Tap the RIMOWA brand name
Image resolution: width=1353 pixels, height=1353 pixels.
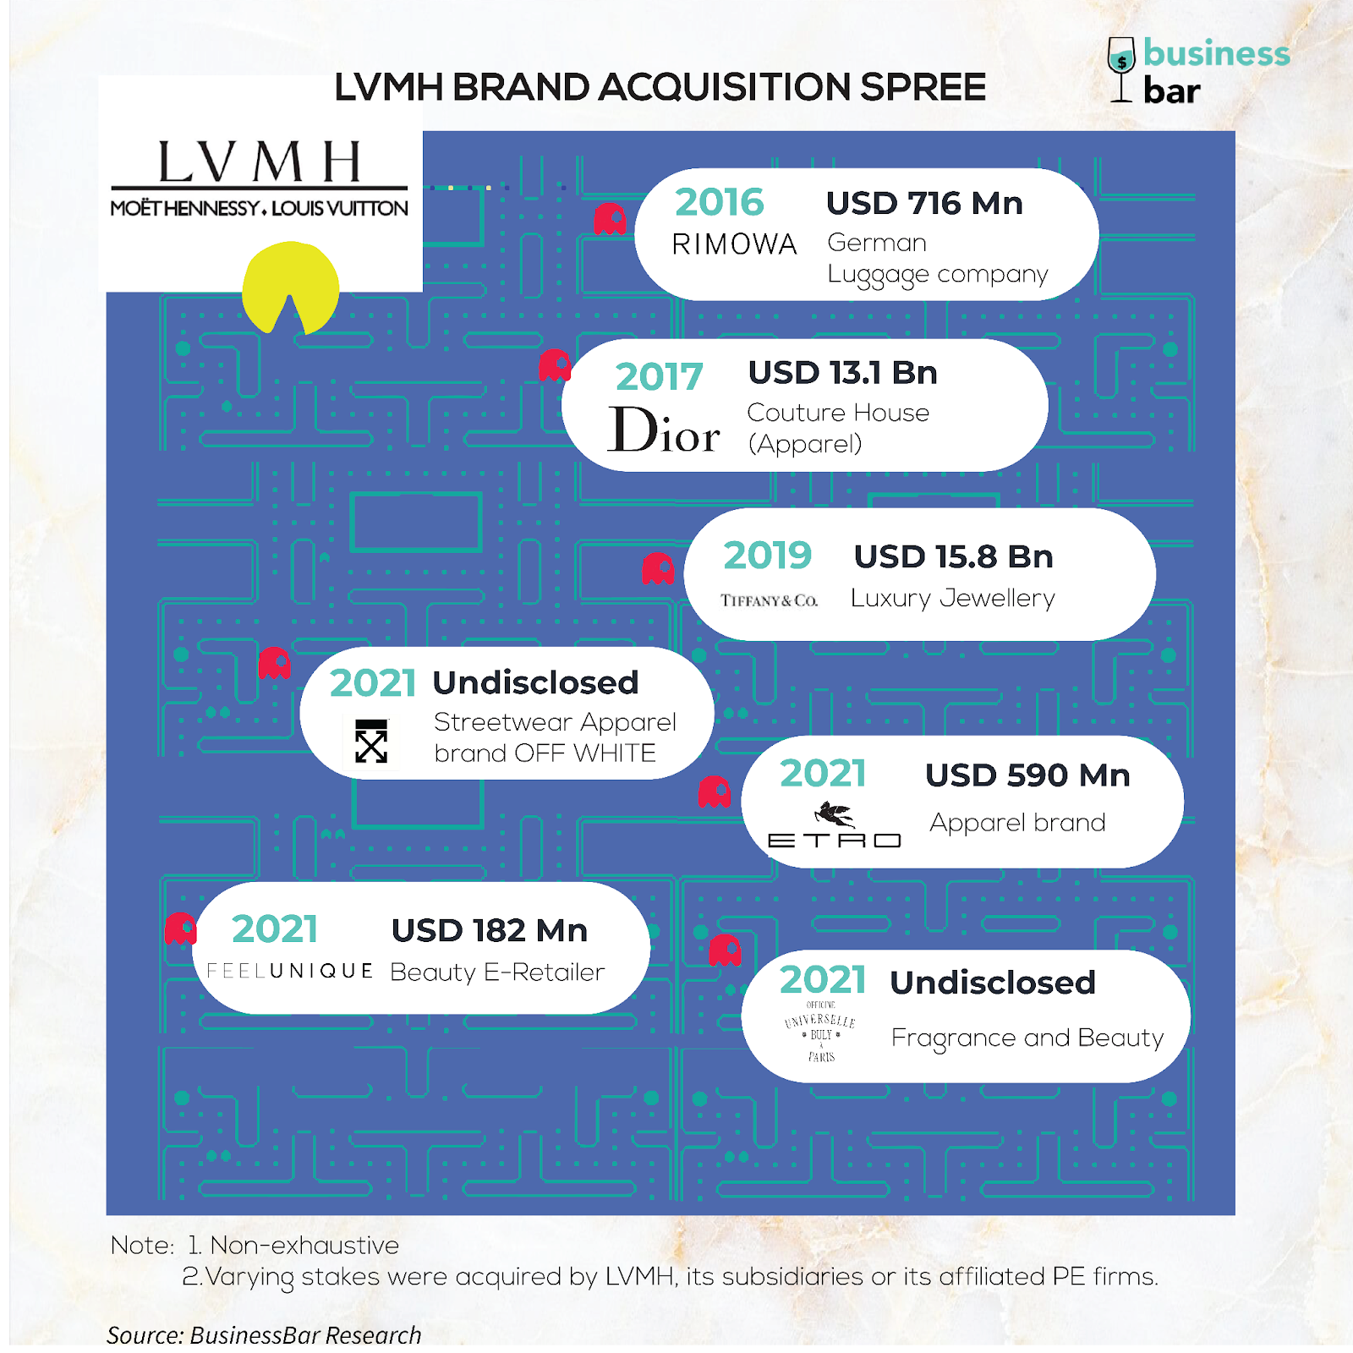pos(734,244)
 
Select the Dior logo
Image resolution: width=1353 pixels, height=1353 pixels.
pos(664,430)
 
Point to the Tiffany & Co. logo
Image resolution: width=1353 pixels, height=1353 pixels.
pos(769,600)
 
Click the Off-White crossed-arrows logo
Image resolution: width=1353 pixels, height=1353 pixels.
pos(371,742)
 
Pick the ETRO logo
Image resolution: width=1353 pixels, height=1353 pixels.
pos(835,827)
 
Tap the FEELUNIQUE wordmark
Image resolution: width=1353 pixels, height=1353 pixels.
pos(290,971)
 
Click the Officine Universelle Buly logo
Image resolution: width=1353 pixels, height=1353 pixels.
pos(820,1031)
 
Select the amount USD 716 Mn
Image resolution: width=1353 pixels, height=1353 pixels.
pos(924,203)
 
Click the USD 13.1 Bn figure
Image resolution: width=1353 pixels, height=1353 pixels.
pos(842,373)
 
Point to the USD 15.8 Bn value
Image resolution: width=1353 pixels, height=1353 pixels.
pos(953,556)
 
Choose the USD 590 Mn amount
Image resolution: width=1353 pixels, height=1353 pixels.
pos(1027,775)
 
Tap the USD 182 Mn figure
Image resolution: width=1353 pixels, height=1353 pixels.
pos(489,930)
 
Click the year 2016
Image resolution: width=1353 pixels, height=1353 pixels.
pos(719,202)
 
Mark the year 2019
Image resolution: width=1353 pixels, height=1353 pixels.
pos(767,556)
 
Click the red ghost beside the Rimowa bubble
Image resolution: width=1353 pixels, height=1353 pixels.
pos(610,219)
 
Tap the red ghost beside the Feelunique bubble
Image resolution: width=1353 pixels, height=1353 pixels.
pos(180,928)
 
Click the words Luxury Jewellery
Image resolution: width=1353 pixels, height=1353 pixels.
pos(952,598)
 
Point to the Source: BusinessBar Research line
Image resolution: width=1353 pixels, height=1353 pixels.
pos(264,1334)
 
